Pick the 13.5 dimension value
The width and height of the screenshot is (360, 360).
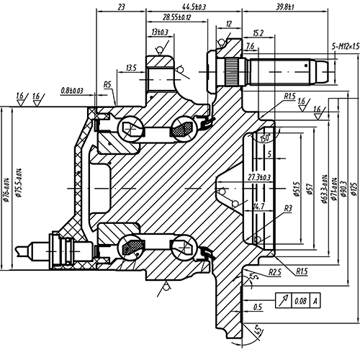tap(131, 68)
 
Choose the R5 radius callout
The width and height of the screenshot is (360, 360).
tap(107, 85)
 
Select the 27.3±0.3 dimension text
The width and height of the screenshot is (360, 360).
tap(259, 177)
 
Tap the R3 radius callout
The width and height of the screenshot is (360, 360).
tap(287, 208)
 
